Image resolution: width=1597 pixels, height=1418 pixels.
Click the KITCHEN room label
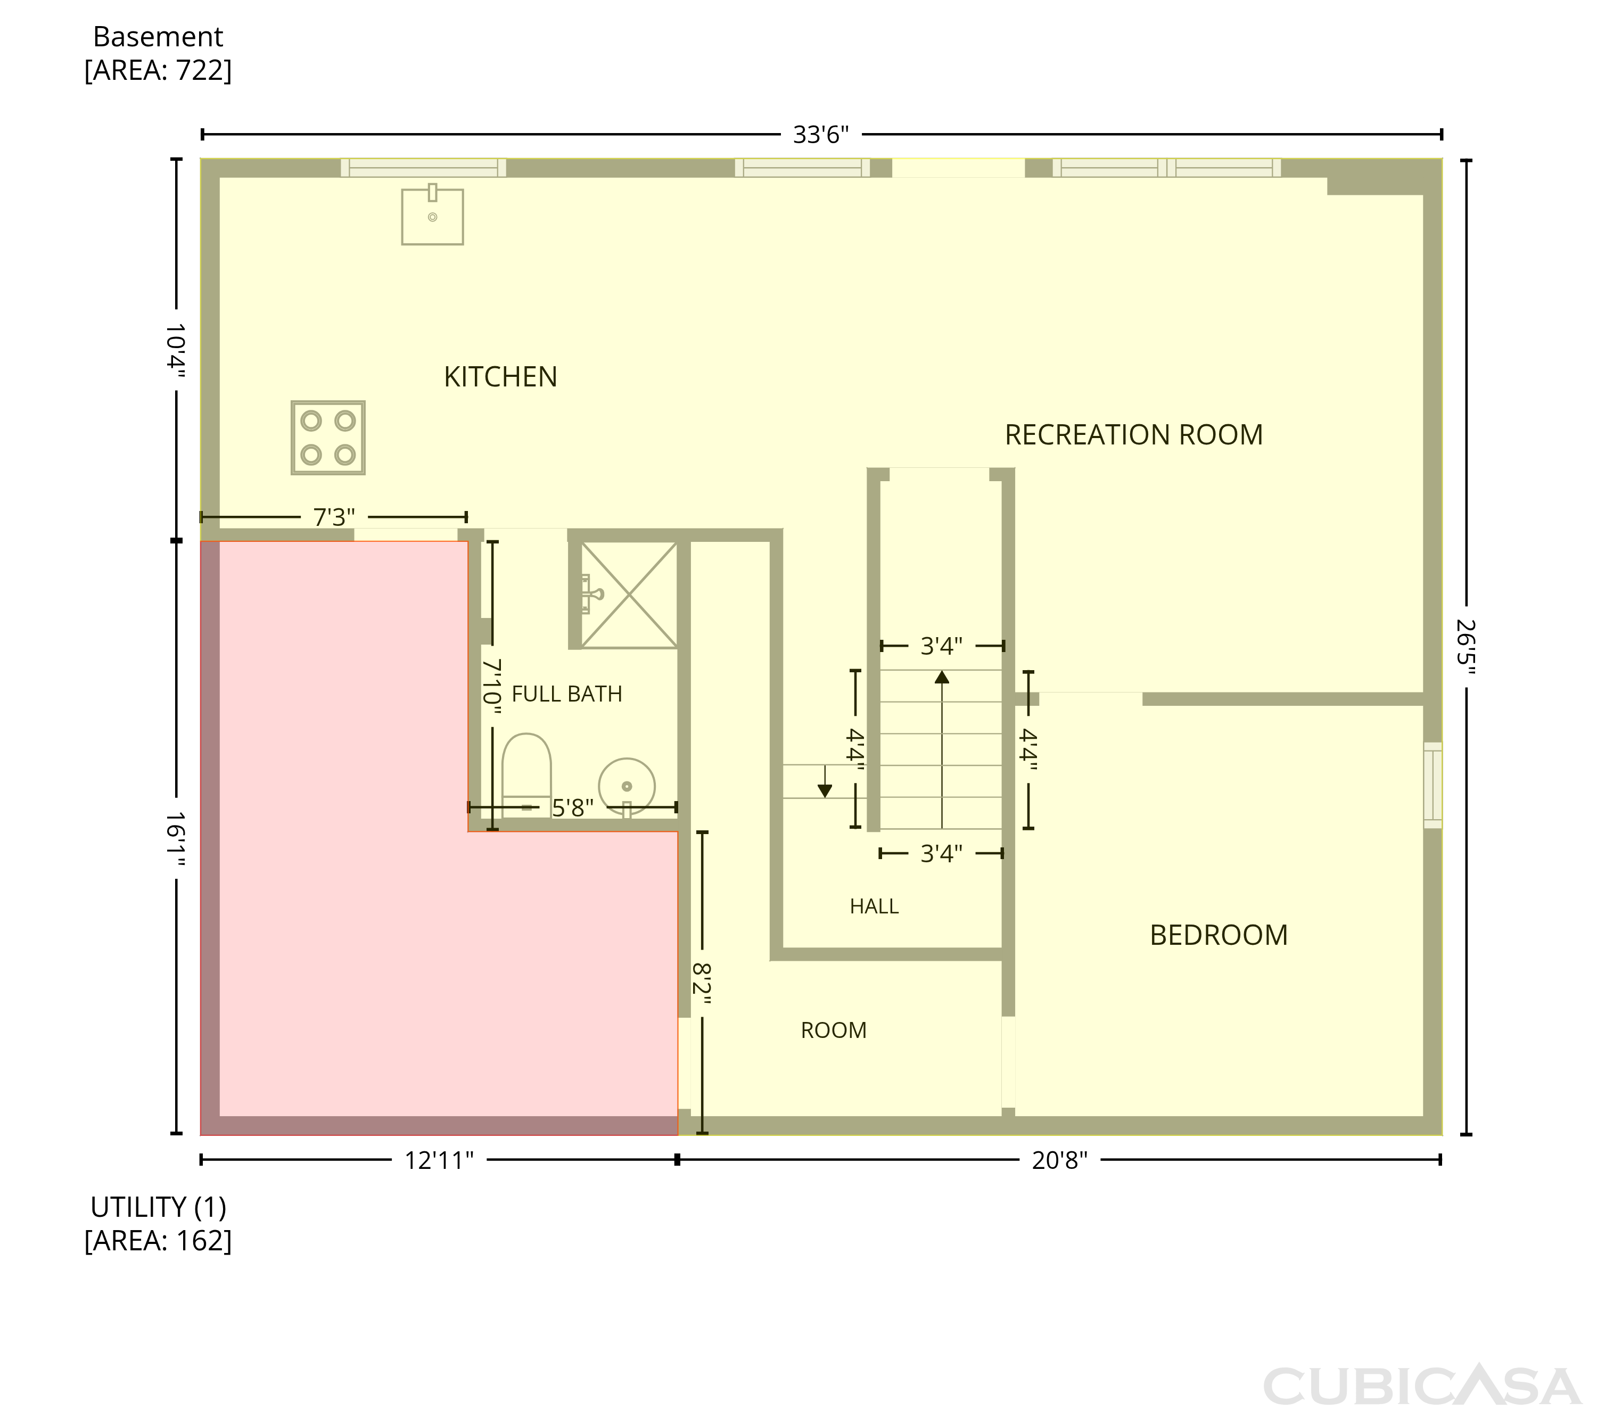click(x=500, y=377)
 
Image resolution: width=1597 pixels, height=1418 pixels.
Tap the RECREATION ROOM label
click(x=1134, y=435)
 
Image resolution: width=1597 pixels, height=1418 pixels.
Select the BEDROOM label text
click(x=1219, y=935)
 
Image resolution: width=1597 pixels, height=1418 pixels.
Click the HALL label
click(x=874, y=906)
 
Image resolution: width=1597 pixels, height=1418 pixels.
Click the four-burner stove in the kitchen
click(x=328, y=438)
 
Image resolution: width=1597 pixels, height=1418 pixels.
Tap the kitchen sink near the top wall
click(x=432, y=215)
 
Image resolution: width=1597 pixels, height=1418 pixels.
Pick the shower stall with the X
click(x=629, y=595)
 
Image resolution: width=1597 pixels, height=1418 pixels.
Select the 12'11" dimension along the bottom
click(x=439, y=1161)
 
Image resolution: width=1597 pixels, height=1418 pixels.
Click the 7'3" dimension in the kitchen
click(x=334, y=517)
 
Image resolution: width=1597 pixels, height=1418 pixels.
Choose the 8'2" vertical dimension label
click(x=702, y=983)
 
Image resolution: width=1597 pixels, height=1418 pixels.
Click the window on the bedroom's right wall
click(x=1433, y=785)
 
